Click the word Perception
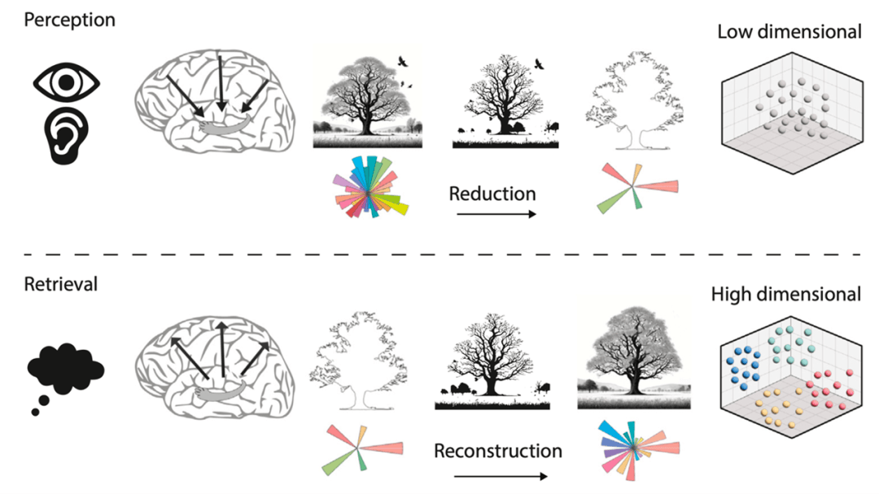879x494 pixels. (x=69, y=20)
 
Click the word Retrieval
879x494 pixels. (x=60, y=284)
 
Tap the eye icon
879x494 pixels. (x=67, y=82)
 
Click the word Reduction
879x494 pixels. (x=492, y=194)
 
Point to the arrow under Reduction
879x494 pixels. (x=496, y=214)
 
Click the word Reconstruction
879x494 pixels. (x=497, y=450)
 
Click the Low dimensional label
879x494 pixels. (x=789, y=32)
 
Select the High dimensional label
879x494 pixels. (x=785, y=294)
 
